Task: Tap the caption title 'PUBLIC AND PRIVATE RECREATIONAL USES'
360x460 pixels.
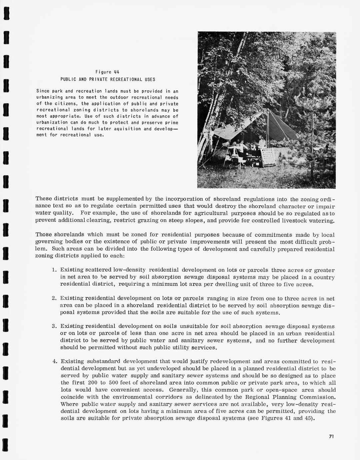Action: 107,79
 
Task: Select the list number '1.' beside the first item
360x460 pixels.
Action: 55,270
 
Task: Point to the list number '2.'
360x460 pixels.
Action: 55,298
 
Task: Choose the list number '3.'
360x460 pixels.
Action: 55,326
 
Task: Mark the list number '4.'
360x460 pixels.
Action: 55,361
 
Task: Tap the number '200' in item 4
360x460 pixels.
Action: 90,383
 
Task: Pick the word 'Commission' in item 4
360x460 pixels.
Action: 317,397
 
